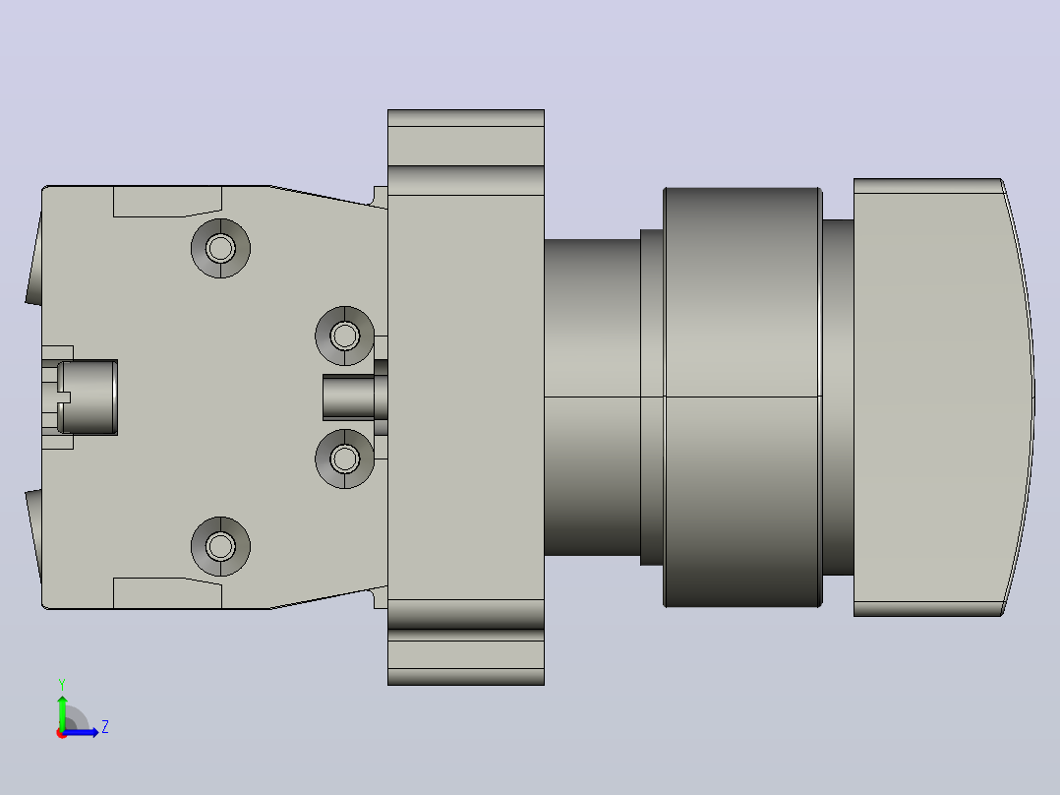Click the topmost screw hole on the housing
tap(220, 248)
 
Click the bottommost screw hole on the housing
tap(220, 546)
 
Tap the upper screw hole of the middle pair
tap(345, 336)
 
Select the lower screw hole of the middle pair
tap(345, 459)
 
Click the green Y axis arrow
tap(62, 711)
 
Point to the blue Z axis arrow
tap(81, 732)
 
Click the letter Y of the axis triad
tap(62, 684)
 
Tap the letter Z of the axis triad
tap(105, 727)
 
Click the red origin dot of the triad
tap(62, 733)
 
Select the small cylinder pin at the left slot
tap(88, 397)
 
